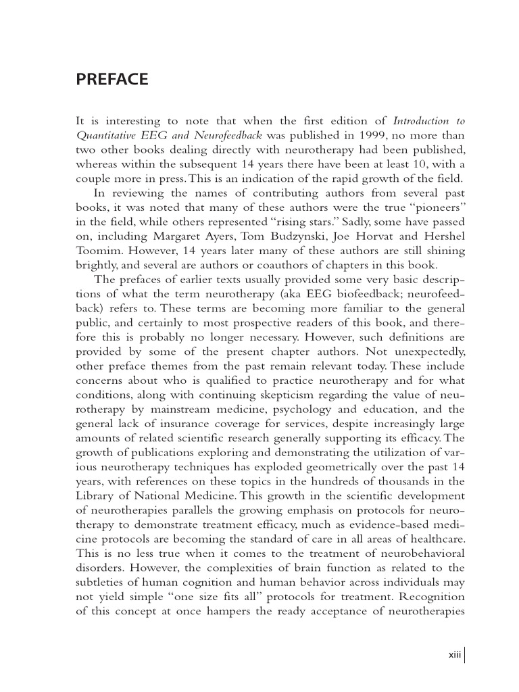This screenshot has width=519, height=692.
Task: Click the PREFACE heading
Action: point(112,80)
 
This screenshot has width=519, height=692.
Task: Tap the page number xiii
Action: point(454,655)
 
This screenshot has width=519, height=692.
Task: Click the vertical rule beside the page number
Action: point(465,655)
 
